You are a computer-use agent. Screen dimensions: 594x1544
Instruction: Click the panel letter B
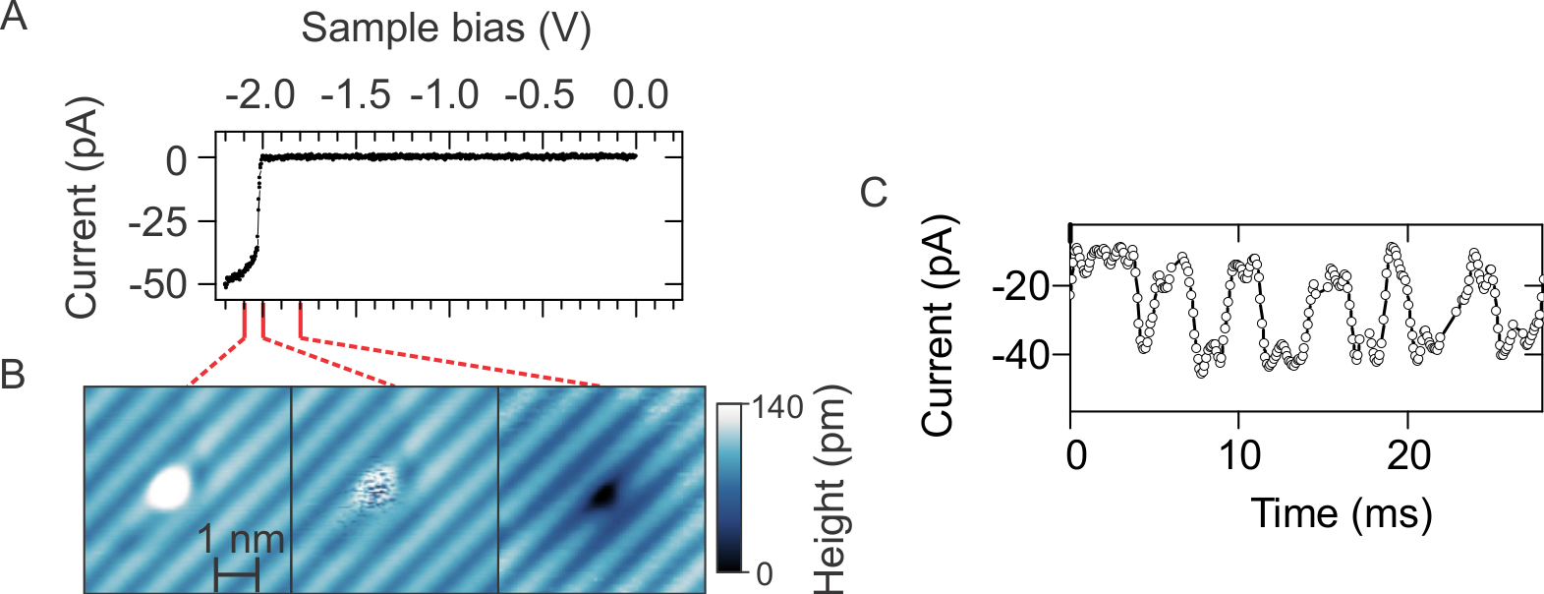point(13,375)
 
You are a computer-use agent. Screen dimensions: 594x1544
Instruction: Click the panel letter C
point(873,193)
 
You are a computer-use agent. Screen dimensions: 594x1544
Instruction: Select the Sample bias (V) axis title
point(445,28)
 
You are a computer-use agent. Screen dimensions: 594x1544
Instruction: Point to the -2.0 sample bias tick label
point(259,95)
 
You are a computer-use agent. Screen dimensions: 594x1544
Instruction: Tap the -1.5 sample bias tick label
point(355,95)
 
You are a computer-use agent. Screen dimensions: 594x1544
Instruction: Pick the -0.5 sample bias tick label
point(540,95)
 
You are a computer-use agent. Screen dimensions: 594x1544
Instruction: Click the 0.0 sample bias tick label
point(640,95)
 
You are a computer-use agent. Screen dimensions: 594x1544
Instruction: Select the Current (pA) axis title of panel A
point(83,208)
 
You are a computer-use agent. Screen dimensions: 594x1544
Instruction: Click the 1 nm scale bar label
point(241,539)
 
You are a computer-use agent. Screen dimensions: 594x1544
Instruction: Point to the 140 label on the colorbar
point(777,407)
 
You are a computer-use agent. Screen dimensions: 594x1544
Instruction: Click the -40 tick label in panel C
point(1021,354)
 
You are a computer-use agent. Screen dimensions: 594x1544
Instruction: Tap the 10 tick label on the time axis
point(1239,455)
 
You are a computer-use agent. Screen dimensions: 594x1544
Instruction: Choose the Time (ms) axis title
point(1341,513)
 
